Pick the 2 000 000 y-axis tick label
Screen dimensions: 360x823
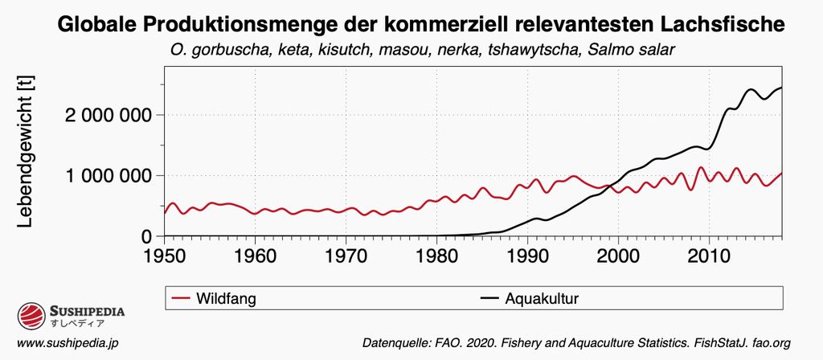tap(107, 114)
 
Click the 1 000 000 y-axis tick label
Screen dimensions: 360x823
tap(107, 175)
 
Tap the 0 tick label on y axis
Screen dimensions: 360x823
tap(145, 236)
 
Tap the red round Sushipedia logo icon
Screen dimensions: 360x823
tap(31, 316)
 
